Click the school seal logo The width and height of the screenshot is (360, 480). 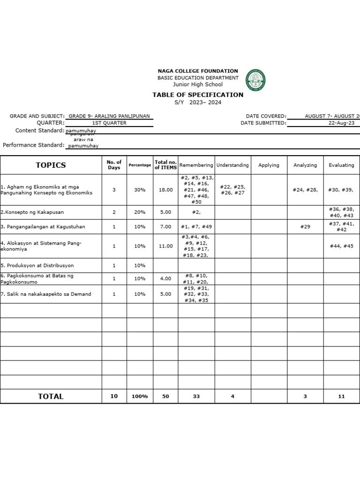pos(255,80)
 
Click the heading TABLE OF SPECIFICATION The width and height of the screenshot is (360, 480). pos(198,95)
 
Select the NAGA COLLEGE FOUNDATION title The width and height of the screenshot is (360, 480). pos(198,71)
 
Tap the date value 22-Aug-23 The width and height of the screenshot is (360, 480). pos(343,123)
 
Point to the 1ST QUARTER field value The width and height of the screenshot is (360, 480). pos(109,123)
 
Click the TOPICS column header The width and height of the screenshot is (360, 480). pos(51,165)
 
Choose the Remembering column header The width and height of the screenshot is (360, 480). pos(196,165)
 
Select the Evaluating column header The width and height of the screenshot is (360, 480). pos(341,165)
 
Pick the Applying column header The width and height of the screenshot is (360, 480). pos(269,165)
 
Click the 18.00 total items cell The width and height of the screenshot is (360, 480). pos(165,190)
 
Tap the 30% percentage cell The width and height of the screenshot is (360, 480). pos(140,190)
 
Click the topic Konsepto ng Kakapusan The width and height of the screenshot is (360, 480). pos(32,212)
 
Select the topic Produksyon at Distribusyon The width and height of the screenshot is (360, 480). pos(37,265)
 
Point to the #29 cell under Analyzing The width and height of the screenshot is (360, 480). pos(305,227)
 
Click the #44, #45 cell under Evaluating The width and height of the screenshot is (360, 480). pos(341,246)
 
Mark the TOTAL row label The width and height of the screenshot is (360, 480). pos(51,397)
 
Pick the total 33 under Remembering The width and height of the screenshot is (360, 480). pos(196,397)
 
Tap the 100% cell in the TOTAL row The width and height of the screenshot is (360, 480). pos(140,397)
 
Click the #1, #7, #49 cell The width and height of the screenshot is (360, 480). pos(196,227)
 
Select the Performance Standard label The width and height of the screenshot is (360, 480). pos(34,145)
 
